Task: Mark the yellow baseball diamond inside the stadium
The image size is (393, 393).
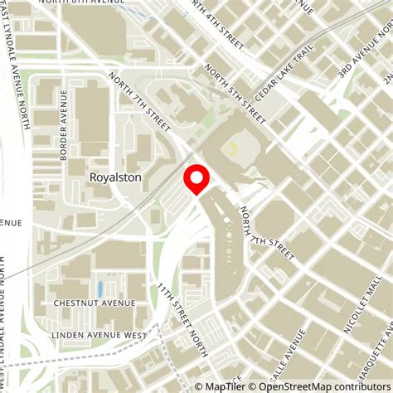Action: (232, 148)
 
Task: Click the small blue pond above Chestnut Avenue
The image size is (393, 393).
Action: (100, 289)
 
